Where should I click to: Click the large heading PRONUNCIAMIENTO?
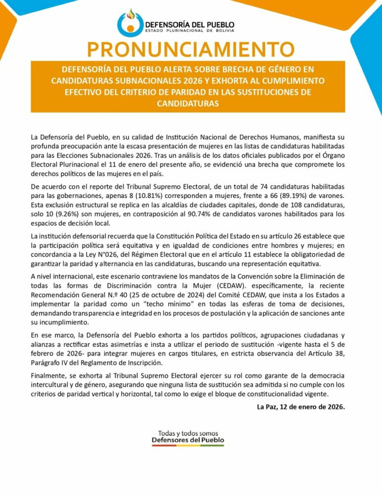[x=190, y=49]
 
